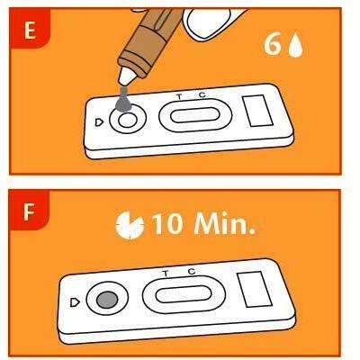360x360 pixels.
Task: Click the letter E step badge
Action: click(x=30, y=29)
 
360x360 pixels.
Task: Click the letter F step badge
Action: click(x=29, y=210)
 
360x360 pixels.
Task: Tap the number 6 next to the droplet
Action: click(x=273, y=45)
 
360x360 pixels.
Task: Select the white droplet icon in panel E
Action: click(x=295, y=45)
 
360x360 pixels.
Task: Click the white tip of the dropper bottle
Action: click(x=127, y=76)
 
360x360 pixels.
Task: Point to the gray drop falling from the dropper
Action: click(x=123, y=101)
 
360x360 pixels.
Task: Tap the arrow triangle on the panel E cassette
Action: click(x=99, y=122)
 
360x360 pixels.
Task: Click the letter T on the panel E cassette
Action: click(x=179, y=97)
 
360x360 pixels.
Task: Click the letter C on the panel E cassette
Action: click(x=202, y=94)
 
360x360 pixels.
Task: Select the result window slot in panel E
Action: click(x=195, y=115)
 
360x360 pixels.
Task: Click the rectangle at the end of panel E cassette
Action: click(x=257, y=111)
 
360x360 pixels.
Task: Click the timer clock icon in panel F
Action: click(x=130, y=225)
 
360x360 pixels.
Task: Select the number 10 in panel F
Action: click(x=167, y=224)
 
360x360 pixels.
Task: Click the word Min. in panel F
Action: click(x=225, y=223)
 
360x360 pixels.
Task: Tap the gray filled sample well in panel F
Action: click(x=107, y=300)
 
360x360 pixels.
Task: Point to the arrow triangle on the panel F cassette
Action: click(x=75, y=302)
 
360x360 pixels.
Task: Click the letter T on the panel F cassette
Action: click(x=166, y=274)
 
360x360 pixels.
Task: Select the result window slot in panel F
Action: click(x=184, y=294)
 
